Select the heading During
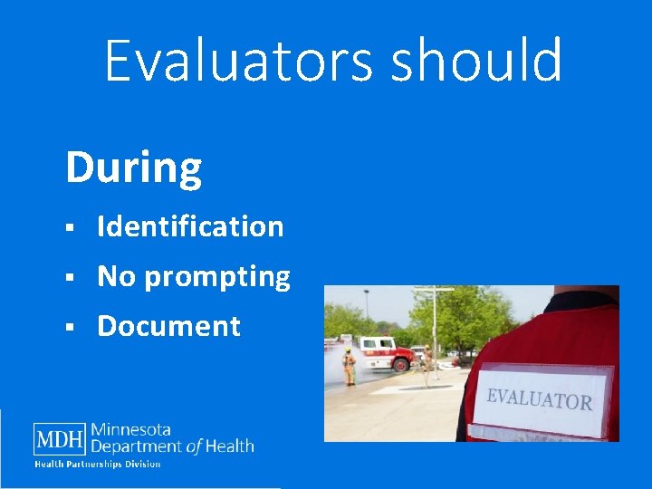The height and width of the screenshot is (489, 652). [x=133, y=168]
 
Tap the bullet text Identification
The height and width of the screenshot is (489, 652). [x=190, y=226]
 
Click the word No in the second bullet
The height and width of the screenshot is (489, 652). [x=116, y=276]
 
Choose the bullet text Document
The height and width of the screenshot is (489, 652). [x=168, y=326]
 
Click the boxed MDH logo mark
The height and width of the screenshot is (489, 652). [x=60, y=440]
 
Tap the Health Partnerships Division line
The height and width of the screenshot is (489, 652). [x=97, y=465]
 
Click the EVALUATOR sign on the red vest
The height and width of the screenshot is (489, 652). [x=540, y=399]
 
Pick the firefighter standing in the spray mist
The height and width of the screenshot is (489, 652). [x=349, y=366]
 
